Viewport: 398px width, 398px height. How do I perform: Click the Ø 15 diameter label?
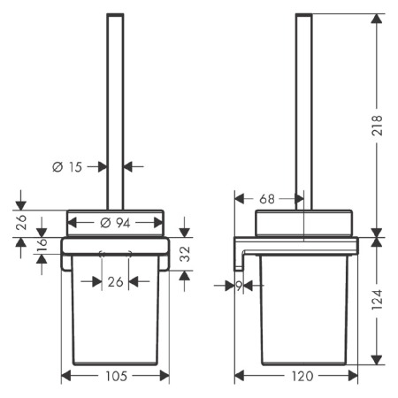tap(67, 167)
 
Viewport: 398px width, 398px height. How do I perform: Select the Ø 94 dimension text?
tap(115, 223)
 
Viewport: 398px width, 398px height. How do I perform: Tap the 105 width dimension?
tap(116, 376)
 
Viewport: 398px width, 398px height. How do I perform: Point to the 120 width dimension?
tap(302, 376)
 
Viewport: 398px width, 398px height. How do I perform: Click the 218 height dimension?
tap(377, 126)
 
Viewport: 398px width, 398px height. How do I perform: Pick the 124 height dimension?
tap(377, 299)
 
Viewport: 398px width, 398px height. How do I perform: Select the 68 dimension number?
tap(267, 199)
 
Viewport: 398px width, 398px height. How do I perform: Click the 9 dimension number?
tap(239, 286)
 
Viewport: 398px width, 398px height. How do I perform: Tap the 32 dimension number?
tap(185, 254)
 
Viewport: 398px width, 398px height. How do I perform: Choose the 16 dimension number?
tap(42, 244)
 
